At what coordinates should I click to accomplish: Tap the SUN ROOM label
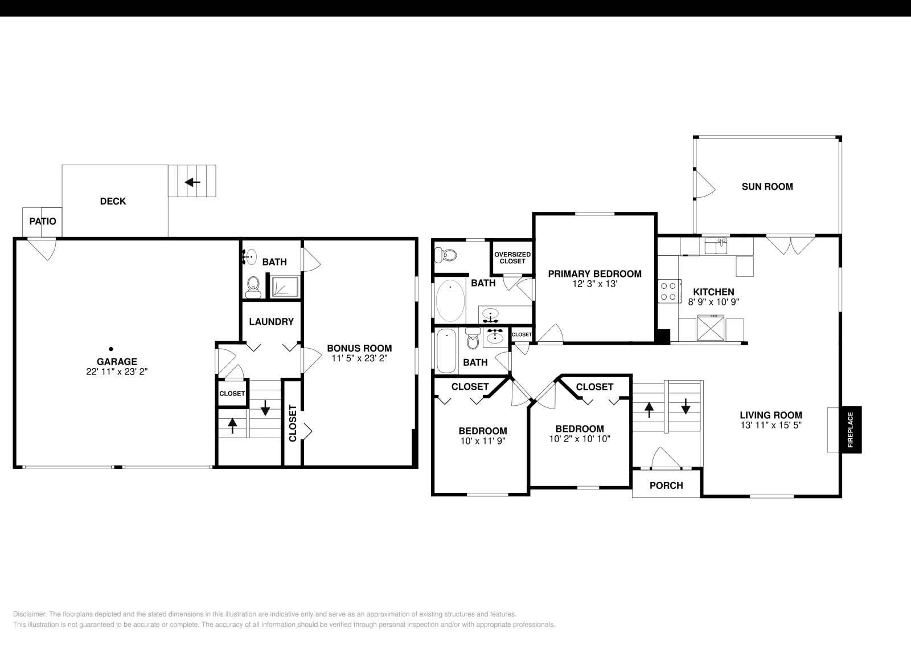(x=767, y=186)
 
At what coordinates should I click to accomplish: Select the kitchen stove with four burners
(x=669, y=291)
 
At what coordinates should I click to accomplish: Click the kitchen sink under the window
(x=716, y=246)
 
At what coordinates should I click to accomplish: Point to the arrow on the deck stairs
(x=192, y=182)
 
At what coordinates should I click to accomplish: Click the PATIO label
(x=43, y=221)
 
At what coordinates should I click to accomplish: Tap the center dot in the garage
(x=111, y=349)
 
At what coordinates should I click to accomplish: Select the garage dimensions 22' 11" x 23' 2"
(x=117, y=372)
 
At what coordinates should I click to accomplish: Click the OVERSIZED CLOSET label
(x=512, y=258)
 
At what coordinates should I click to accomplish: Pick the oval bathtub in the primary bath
(x=450, y=300)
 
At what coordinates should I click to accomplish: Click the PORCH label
(x=666, y=485)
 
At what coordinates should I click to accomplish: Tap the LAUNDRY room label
(x=271, y=321)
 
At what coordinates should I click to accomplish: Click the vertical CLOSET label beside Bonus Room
(x=293, y=423)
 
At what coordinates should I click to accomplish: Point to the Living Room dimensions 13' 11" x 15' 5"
(x=771, y=425)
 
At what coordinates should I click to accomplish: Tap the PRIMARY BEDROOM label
(x=594, y=273)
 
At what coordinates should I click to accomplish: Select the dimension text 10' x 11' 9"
(x=483, y=440)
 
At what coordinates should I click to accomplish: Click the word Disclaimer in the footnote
(x=30, y=614)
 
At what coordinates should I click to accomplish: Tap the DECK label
(x=113, y=201)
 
